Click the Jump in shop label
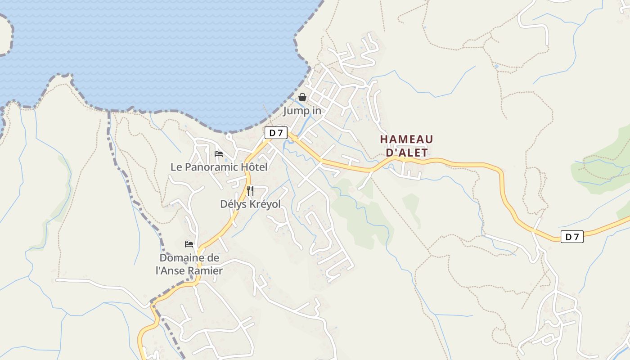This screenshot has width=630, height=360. pyautogui.click(x=302, y=111)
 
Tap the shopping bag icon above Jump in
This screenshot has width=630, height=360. pyautogui.click(x=302, y=97)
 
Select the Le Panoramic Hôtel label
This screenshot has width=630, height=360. pyautogui.click(x=219, y=167)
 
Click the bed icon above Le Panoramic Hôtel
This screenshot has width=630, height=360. pyautogui.click(x=219, y=154)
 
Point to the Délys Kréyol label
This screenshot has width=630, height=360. pyautogui.click(x=250, y=204)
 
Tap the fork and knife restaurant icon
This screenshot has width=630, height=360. pyautogui.click(x=250, y=190)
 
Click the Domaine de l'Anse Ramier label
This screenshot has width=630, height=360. pyautogui.click(x=189, y=264)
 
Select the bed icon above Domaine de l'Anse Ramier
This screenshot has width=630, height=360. pyautogui.click(x=189, y=244)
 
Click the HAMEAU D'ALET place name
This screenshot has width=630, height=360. pyautogui.click(x=406, y=146)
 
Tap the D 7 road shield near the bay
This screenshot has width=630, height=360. pyautogui.click(x=276, y=133)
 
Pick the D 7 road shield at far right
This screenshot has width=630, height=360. pyautogui.click(x=572, y=237)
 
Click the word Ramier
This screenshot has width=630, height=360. pyautogui.click(x=205, y=271)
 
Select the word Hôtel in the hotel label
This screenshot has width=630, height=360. pyautogui.click(x=254, y=167)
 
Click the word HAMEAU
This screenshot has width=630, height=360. pyautogui.click(x=406, y=139)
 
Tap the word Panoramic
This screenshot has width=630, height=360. pyautogui.click(x=211, y=167)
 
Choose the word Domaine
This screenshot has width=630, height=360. pyautogui.click(x=189, y=258)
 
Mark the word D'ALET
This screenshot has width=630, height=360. pyautogui.click(x=407, y=153)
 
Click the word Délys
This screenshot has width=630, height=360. pyautogui.click(x=232, y=204)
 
